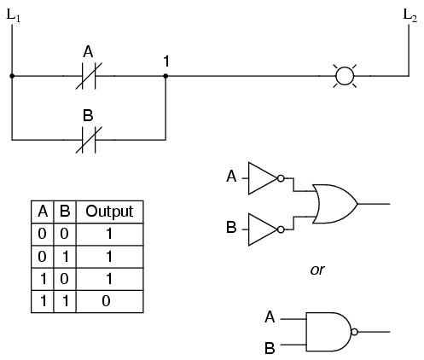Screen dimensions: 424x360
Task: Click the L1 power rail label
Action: click(x=14, y=15)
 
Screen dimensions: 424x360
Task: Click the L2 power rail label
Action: click(x=410, y=15)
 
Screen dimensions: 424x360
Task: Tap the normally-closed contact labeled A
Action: click(x=89, y=76)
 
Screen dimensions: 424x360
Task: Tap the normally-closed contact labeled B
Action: click(x=89, y=140)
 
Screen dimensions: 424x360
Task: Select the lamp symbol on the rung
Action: click(x=345, y=76)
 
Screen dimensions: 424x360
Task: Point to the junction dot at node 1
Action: click(x=166, y=76)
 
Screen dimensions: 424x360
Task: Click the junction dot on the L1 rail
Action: click(x=12, y=76)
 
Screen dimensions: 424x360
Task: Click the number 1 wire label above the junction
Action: click(x=166, y=61)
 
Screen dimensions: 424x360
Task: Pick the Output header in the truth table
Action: click(x=109, y=212)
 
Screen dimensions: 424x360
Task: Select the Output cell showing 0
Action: click(x=106, y=301)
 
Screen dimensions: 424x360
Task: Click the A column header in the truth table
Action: click(x=43, y=212)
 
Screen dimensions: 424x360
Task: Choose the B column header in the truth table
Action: click(x=65, y=212)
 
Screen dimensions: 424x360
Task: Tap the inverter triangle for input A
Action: click(x=263, y=178)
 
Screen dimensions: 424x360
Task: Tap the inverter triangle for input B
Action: click(x=263, y=229)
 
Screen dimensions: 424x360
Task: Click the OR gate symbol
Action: click(x=335, y=204)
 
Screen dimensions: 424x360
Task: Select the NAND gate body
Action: click(x=328, y=332)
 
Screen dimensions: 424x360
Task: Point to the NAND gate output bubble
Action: click(x=354, y=332)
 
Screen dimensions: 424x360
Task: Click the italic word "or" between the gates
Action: click(x=317, y=270)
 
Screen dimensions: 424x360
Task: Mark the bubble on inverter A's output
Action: click(x=281, y=178)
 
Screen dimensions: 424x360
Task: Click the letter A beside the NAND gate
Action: click(x=270, y=317)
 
